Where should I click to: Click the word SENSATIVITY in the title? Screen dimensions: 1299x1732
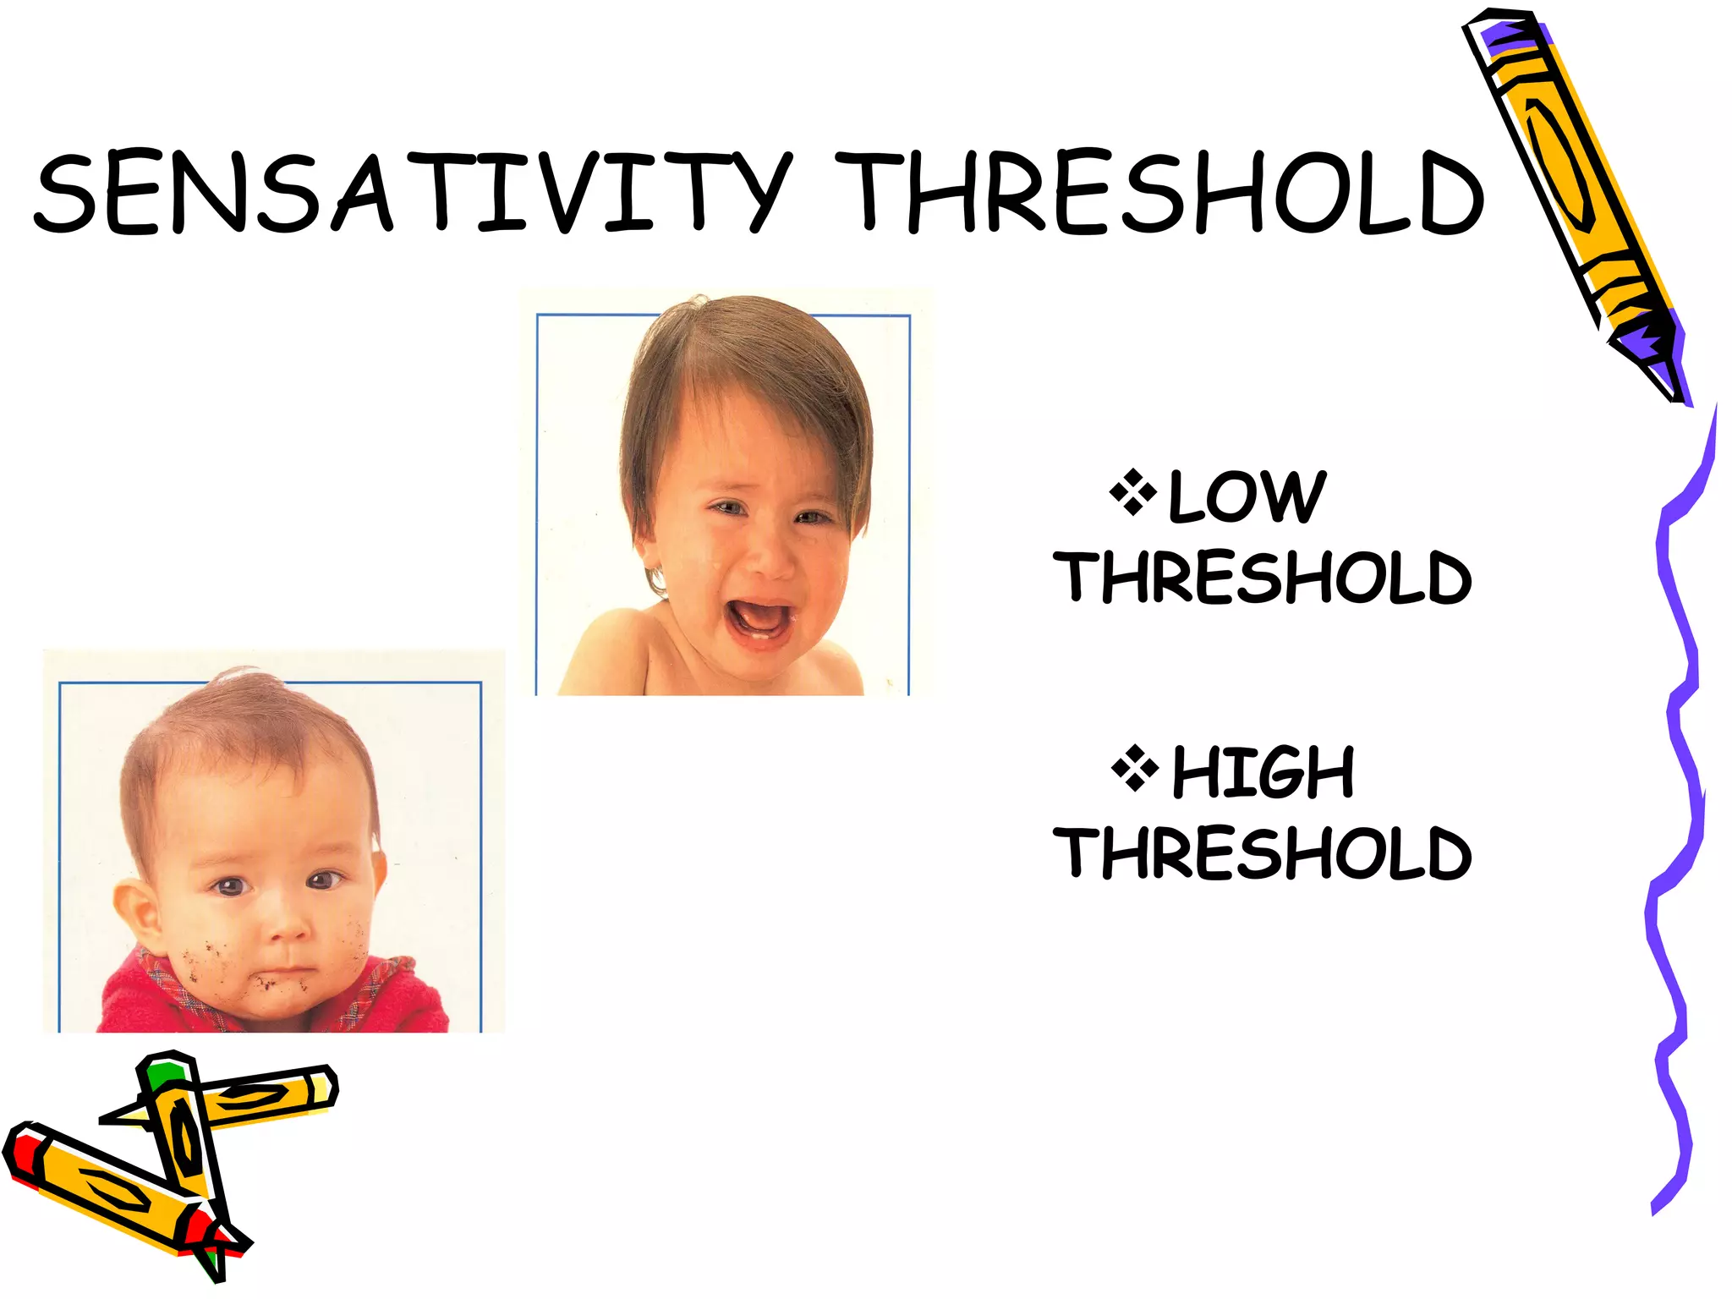(x=413, y=192)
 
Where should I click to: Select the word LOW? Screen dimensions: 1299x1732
(x=1246, y=497)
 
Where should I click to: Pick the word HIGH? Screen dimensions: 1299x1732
(x=1263, y=772)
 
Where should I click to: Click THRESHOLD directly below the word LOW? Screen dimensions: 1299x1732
(x=1262, y=578)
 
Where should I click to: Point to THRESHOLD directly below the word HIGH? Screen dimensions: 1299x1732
(x=1262, y=852)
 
